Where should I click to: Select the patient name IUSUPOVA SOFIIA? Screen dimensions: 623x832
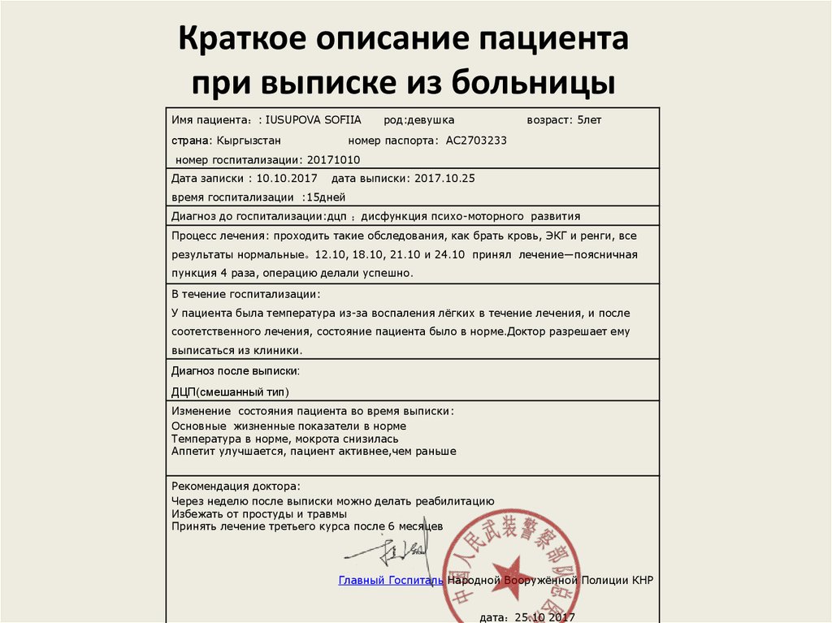314,120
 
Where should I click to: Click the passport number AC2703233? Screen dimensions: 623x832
476,140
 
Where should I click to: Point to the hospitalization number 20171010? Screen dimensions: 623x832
333,160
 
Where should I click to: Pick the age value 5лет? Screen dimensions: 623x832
589,120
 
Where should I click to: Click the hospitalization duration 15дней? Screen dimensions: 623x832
325,197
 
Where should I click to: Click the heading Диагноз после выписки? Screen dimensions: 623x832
235,370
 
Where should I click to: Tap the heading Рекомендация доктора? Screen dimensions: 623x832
236,486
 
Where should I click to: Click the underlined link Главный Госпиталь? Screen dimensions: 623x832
391,580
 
